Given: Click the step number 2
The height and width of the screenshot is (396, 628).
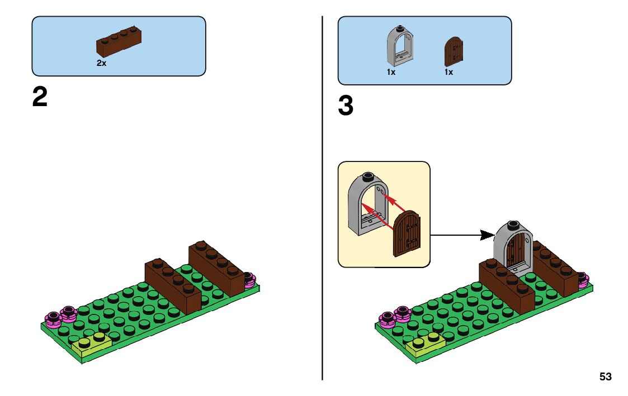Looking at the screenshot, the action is click(x=40, y=97).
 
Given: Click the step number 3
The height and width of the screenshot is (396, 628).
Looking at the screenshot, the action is click(x=346, y=106).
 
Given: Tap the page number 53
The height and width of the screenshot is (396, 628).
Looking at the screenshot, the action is click(x=606, y=377).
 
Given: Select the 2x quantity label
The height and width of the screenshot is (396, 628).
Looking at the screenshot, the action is click(x=101, y=63).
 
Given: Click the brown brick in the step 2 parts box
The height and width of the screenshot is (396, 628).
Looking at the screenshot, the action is click(x=119, y=41).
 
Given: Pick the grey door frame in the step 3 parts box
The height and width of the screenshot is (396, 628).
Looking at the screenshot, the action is click(x=400, y=46).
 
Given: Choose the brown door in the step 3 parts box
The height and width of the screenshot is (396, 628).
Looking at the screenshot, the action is click(x=454, y=51).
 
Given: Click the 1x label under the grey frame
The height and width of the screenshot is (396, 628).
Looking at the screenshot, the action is click(x=391, y=72).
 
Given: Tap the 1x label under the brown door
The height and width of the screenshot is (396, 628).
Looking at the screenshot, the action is click(x=448, y=72).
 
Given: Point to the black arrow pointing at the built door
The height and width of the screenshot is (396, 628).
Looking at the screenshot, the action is click(x=462, y=235).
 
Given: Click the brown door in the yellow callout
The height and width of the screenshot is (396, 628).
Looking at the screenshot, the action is click(x=407, y=233).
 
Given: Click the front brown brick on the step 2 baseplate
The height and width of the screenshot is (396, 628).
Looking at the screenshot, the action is click(x=173, y=285).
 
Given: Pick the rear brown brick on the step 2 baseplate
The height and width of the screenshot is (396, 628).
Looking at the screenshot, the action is click(x=216, y=268).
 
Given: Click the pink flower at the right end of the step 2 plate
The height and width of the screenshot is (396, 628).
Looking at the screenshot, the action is click(x=249, y=279).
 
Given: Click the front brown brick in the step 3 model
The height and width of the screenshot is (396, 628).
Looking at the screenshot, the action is click(x=507, y=285).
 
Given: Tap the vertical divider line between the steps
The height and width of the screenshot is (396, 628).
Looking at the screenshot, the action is click(x=323, y=198).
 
